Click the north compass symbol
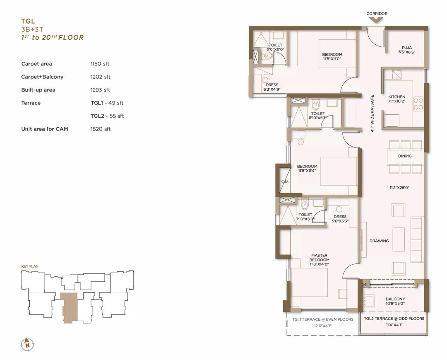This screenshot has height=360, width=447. (27, 344)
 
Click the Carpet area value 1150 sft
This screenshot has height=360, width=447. (100, 64)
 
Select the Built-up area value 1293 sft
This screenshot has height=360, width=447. (100, 90)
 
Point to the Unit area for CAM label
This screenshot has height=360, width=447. (44, 129)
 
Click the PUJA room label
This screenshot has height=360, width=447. (407, 48)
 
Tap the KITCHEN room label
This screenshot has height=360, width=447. (397, 97)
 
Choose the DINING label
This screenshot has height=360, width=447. (405, 156)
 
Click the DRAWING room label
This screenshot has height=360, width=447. (379, 241)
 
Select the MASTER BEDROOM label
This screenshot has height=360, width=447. (319, 258)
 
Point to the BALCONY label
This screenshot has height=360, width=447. (395, 299)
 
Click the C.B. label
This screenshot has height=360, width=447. (285, 181)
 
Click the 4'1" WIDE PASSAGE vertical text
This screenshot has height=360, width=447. (372, 114)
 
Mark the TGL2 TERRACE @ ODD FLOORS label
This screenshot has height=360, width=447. (394, 319)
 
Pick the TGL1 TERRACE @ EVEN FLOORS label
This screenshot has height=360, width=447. (323, 319)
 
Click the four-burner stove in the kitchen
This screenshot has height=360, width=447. (418, 104)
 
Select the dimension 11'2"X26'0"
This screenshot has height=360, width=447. (399, 188)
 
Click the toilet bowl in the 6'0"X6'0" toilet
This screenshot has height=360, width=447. (267, 56)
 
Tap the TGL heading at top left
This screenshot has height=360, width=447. (28, 21)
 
